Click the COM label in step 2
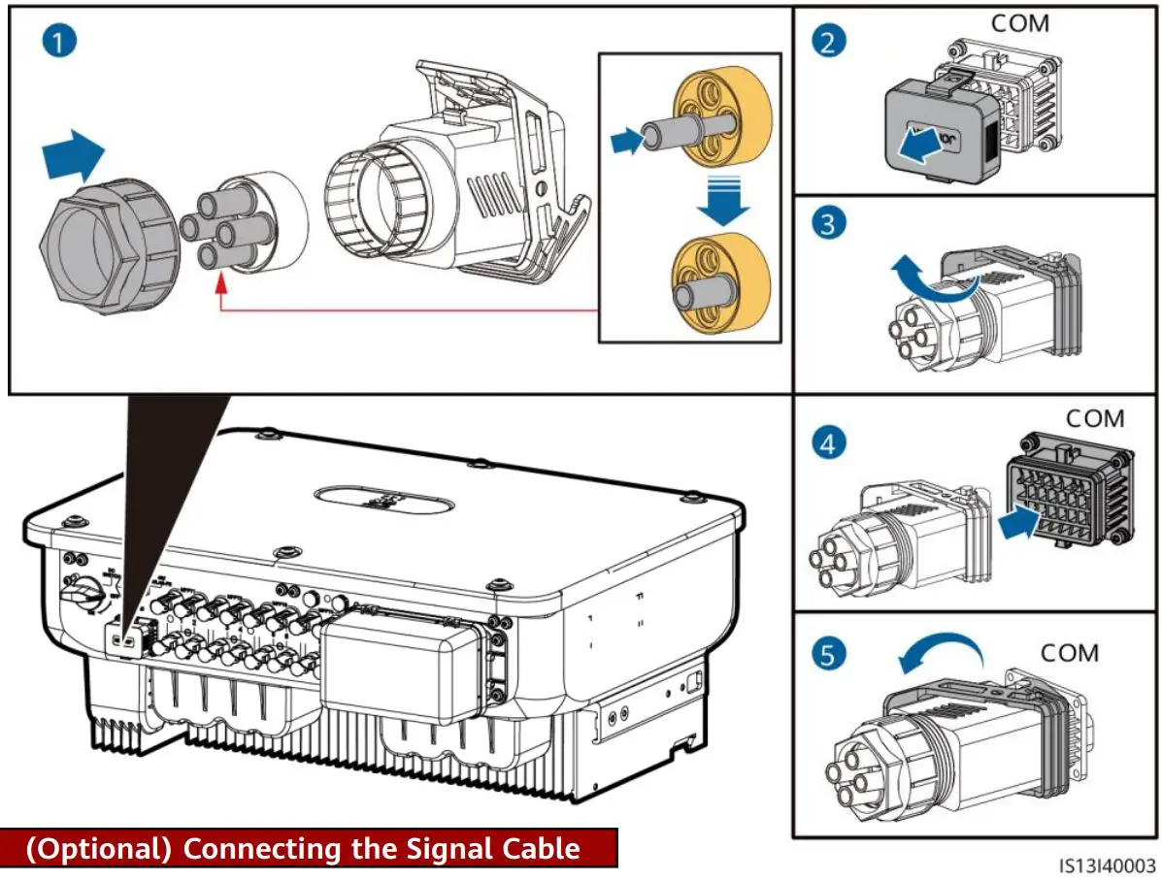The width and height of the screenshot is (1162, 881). coord(1019,24)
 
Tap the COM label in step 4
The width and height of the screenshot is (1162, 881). coord(1095,419)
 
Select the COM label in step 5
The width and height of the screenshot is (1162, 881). coord(1070,653)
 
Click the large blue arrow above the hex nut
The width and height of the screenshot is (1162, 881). coord(74,155)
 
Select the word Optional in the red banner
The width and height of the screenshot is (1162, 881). coord(96,848)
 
